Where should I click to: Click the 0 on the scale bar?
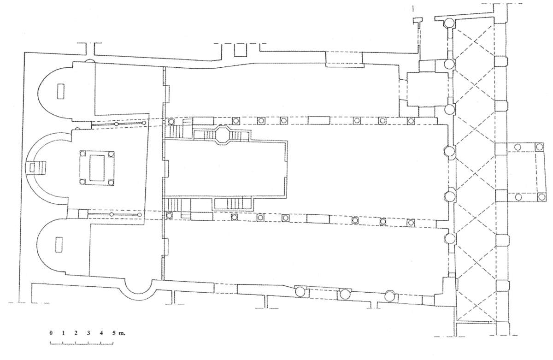click(x=51, y=333)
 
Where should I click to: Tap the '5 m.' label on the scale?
click(x=116, y=333)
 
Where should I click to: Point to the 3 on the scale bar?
click(x=88, y=333)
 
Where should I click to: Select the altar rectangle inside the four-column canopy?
click(x=97, y=168)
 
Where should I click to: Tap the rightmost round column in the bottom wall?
click(x=391, y=295)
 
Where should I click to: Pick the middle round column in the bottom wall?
click(x=344, y=294)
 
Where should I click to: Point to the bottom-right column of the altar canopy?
click(x=111, y=183)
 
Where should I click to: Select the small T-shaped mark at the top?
click(x=418, y=20)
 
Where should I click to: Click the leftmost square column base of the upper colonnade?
click(x=171, y=122)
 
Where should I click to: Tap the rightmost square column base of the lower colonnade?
click(x=410, y=222)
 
